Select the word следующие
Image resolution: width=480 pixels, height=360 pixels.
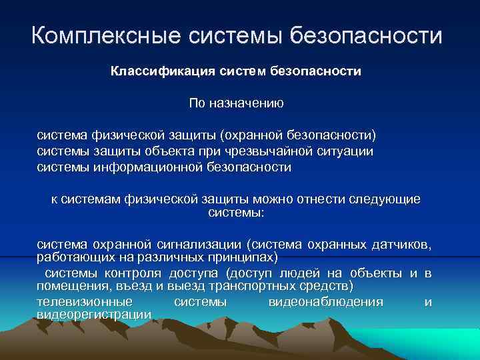tap(385, 199)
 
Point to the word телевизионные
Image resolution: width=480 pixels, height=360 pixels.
tap(75, 302)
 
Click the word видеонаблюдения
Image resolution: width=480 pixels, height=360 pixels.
tap(325, 302)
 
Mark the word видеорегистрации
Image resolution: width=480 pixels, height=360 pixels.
tap(85, 314)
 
